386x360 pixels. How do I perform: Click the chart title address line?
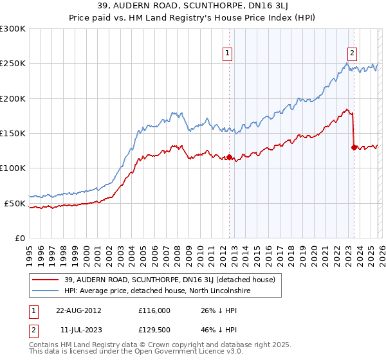pyautogui.click(x=193, y=7)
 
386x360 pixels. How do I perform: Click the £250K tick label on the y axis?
pyautogui.click(x=13, y=64)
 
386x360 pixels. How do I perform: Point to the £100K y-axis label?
pyautogui.click(x=13, y=168)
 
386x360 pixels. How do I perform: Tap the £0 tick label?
pyautogui.click(x=19, y=238)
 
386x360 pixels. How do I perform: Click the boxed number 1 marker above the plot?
pyautogui.click(x=228, y=53)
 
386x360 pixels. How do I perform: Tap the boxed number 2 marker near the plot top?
pyautogui.click(x=353, y=53)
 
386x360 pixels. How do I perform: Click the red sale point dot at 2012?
pyautogui.click(x=229, y=157)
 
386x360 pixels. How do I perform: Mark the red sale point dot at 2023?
pyautogui.click(x=354, y=147)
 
